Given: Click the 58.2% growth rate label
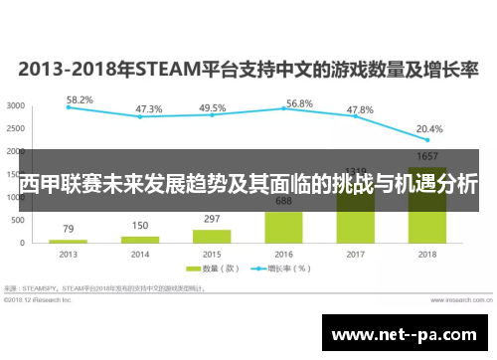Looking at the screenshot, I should pos(81,100).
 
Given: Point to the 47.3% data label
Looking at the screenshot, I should pos(149,109).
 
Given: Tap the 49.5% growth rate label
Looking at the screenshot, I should pos(212,108).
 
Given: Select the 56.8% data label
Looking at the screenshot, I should pos(299,103).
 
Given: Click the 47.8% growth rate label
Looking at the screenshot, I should pos(359,109).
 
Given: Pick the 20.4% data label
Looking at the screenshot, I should pos(429,129).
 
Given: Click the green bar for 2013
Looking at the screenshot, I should pos(69,241).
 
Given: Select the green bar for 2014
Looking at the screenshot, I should pos(140,239).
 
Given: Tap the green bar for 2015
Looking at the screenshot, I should pos(212,236).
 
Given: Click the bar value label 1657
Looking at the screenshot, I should pos(428,157).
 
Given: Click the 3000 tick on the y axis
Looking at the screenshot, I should pos(16,105).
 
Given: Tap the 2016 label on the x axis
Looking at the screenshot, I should pos(283,255).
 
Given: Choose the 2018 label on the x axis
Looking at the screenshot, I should pos(427,255).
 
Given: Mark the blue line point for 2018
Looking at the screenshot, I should pos(426,140).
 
